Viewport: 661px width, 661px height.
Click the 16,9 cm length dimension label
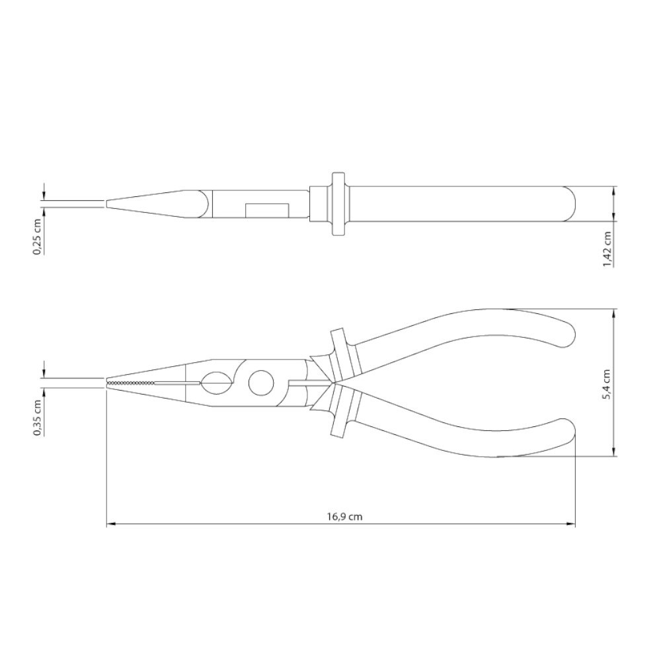point(344,516)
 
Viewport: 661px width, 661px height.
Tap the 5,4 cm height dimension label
point(607,385)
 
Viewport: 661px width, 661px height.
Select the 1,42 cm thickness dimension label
point(607,249)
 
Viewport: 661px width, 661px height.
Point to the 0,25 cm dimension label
point(38,237)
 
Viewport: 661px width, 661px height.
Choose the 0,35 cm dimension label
point(38,417)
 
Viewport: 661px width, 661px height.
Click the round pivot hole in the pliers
point(261,383)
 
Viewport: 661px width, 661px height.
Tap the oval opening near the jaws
point(216,383)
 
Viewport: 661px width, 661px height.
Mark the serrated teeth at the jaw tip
point(131,383)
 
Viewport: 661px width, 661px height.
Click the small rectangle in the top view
point(267,210)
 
